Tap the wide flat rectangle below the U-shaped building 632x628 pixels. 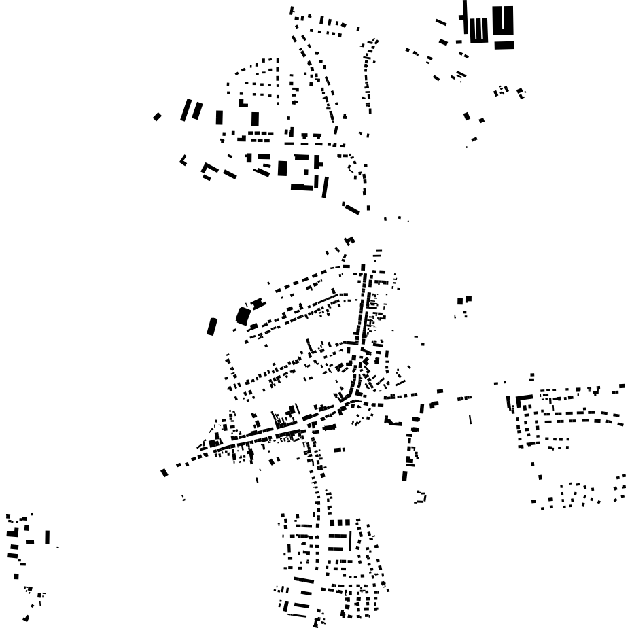click(x=504, y=46)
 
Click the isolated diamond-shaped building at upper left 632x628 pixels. click(x=157, y=117)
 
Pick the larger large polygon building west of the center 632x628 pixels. click(x=243, y=315)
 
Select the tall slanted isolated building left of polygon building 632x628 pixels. click(x=211, y=326)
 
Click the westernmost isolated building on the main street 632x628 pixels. click(x=164, y=472)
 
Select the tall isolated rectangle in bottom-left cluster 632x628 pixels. click(x=47, y=537)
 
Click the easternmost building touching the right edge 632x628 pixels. click(x=622, y=386)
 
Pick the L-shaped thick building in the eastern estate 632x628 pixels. click(x=523, y=400)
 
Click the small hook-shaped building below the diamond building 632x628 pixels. click(x=183, y=160)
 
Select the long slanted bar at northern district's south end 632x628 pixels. click(x=351, y=208)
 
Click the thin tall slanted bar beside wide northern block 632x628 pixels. click(x=325, y=186)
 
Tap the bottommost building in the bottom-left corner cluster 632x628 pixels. click(x=26, y=618)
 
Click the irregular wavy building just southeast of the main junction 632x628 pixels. click(x=393, y=421)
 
